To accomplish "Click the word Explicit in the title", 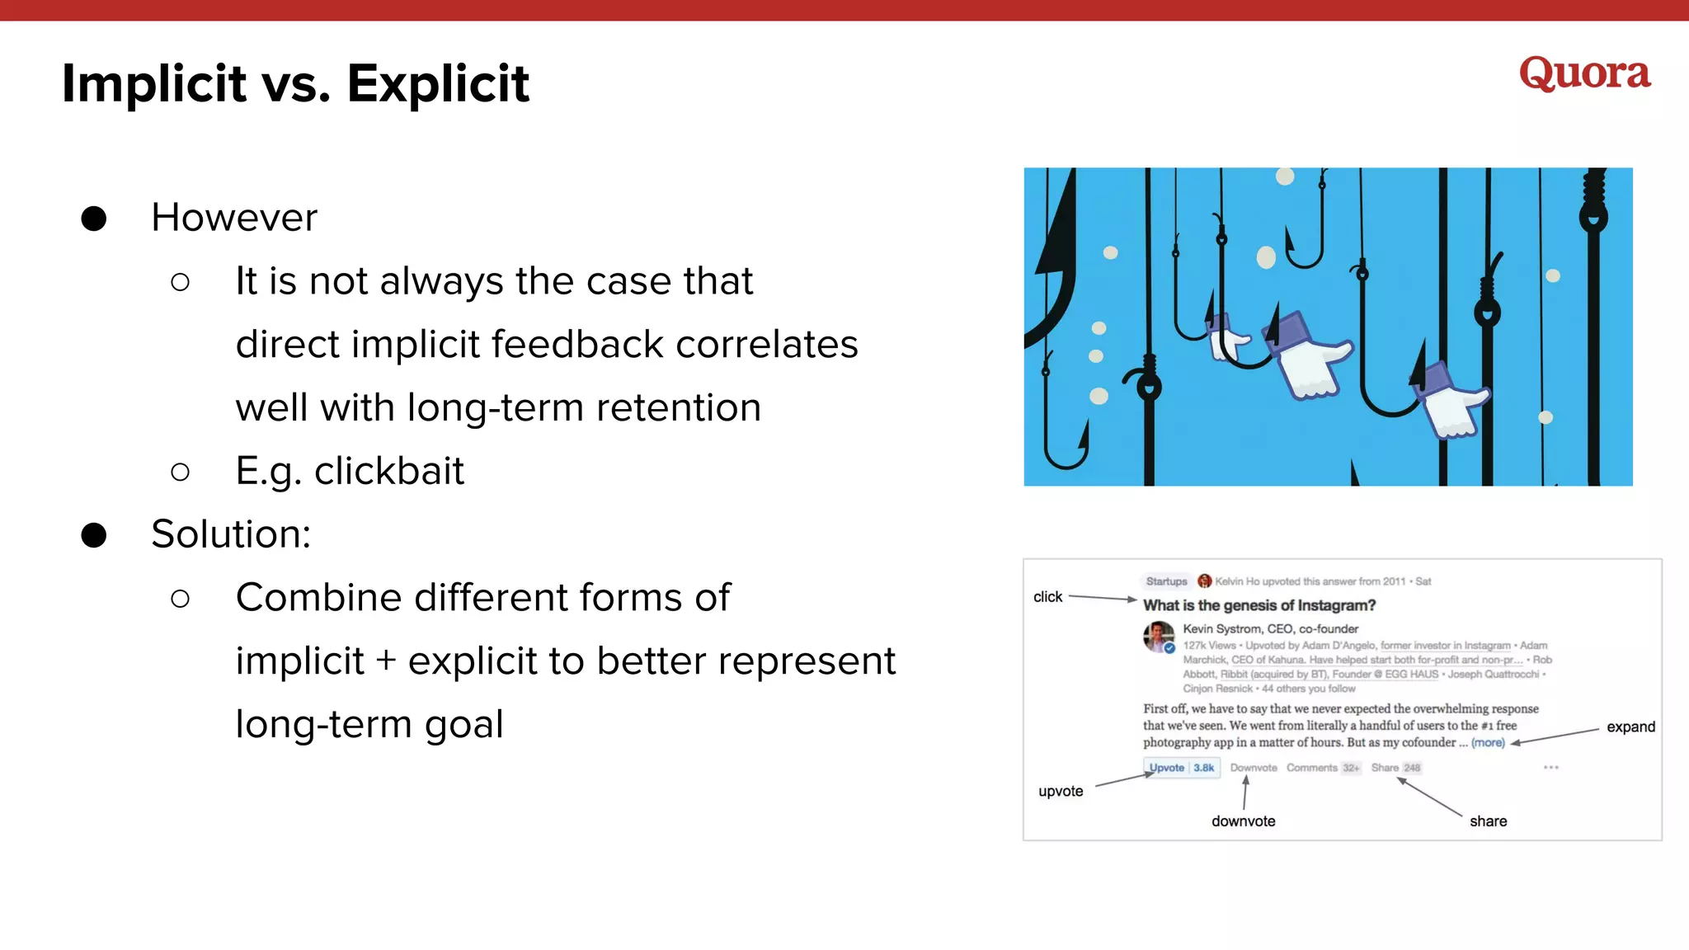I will [x=438, y=83].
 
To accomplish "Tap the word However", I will [x=234, y=218].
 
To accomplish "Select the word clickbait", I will [x=389, y=471].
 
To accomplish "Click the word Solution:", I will [x=231, y=534].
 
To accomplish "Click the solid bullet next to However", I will [x=94, y=219].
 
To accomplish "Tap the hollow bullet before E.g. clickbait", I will [x=180, y=472].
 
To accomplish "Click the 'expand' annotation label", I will [x=1630, y=727].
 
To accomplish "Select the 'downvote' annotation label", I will [x=1243, y=821].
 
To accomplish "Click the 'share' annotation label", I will [x=1488, y=821].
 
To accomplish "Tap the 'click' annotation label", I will [x=1047, y=597].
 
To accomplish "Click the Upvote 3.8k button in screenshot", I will [x=1181, y=768].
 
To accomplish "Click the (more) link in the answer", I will [x=1488, y=743].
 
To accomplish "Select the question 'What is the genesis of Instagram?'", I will [x=1259, y=605].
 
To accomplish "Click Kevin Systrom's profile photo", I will [x=1159, y=637].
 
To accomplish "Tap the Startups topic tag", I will [x=1166, y=581].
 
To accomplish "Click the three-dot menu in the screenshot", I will [x=1550, y=768].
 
